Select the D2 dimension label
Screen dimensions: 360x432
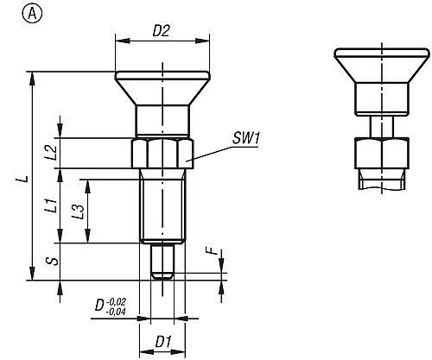[x=161, y=30]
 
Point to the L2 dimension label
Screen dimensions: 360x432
[x=51, y=153]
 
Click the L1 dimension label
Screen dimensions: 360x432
[x=51, y=206]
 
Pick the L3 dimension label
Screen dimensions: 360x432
[x=79, y=211]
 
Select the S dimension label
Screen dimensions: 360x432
[x=52, y=262]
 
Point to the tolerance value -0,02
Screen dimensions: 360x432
[x=118, y=301]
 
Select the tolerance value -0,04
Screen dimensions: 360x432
[x=118, y=311]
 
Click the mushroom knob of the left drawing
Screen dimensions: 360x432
[x=162, y=87]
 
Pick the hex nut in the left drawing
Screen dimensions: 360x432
[x=162, y=155]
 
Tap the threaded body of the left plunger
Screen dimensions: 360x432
[x=162, y=207]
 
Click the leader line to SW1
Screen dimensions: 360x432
[x=212, y=150]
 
